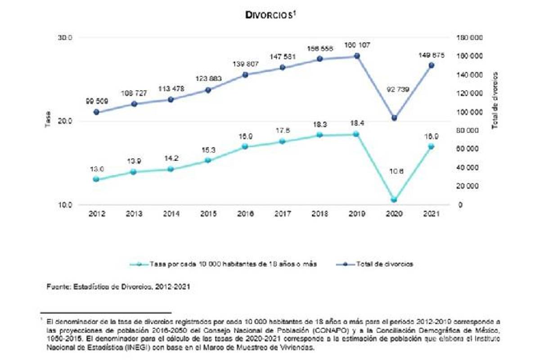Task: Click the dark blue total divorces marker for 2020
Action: coord(394,118)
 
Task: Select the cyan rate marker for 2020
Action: coord(394,199)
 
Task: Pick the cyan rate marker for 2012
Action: coord(96,179)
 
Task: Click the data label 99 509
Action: coord(97,102)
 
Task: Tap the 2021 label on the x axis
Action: coord(431,215)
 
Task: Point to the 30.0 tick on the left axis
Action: coord(65,38)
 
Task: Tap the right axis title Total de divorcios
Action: coord(495,100)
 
